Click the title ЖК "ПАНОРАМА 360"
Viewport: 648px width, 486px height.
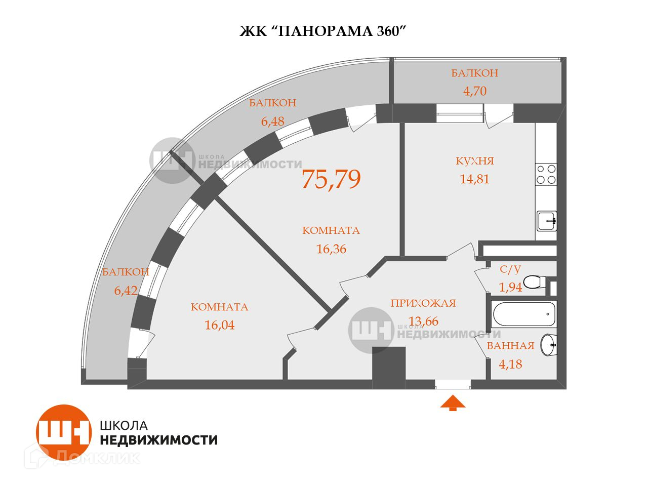coord(323,31)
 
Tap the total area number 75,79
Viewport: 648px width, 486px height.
coord(331,179)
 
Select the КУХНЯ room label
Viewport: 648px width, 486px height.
coord(474,161)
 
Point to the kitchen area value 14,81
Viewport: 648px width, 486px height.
coord(474,179)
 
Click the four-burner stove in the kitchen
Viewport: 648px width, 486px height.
coord(546,174)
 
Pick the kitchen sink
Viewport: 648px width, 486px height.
coord(547,221)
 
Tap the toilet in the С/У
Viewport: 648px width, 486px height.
coord(534,281)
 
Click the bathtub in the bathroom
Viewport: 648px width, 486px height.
coord(525,314)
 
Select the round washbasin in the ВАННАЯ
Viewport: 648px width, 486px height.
coord(548,345)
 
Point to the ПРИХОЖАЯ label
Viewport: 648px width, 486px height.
coord(423,303)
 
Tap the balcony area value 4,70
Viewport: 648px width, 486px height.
coord(474,92)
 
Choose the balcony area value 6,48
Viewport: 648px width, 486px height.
coord(272,121)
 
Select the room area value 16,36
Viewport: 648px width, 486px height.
coord(331,249)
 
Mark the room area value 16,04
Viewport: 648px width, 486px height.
coord(219,325)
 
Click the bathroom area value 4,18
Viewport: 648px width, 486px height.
coord(510,364)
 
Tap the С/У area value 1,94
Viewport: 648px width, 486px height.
coord(510,288)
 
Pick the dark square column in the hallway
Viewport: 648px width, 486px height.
coord(389,367)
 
